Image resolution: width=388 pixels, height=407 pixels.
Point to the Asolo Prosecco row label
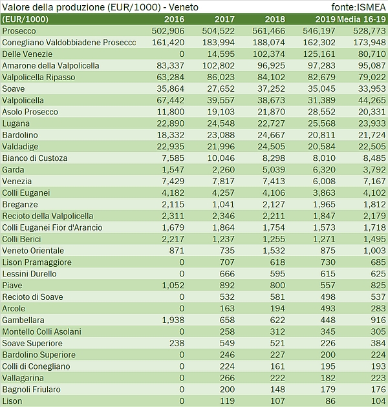click(30, 112)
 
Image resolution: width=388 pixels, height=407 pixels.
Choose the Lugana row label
click(16, 123)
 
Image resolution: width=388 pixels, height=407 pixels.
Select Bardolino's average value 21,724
click(371, 135)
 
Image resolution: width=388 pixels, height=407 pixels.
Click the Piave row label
click(12, 285)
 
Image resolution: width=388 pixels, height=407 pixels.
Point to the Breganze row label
click(19, 205)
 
